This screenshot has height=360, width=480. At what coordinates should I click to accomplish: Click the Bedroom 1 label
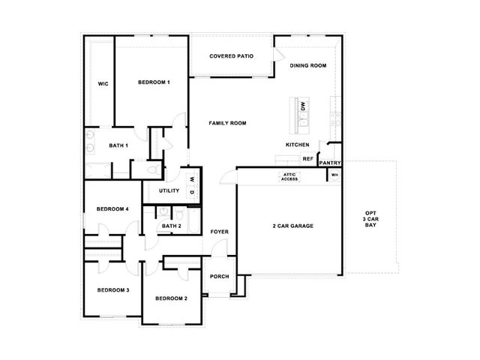[x=154, y=82]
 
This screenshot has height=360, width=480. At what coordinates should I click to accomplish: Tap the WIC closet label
[x=103, y=84]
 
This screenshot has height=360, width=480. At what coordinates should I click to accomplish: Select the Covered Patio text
[x=232, y=56]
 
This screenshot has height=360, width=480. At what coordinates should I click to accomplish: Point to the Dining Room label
[x=308, y=65]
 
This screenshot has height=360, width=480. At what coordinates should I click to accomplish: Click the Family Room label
[x=227, y=123]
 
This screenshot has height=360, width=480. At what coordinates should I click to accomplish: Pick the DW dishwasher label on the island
[x=303, y=106]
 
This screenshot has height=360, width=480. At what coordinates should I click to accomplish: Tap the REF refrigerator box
[x=308, y=159]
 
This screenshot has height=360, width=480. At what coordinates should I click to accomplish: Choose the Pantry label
[x=330, y=163]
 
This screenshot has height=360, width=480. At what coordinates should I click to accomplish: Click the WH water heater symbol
[x=334, y=175]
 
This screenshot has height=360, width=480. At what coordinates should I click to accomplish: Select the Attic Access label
[x=289, y=177]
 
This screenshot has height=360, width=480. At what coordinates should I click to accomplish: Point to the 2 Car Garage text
[x=293, y=226]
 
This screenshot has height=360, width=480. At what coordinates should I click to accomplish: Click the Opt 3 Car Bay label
[x=370, y=219]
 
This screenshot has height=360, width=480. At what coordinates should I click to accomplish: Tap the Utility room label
[x=169, y=190]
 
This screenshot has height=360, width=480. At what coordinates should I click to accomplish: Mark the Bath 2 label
[x=172, y=226]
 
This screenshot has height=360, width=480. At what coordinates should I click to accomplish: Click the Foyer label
[x=220, y=232]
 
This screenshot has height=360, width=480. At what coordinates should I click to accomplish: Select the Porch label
[x=220, y=277]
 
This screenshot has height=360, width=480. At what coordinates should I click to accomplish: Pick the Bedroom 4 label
[x=112, y=209]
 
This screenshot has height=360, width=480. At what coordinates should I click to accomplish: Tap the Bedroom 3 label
[x=113, y=290]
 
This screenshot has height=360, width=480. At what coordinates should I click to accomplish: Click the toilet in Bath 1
[x=154, y=169]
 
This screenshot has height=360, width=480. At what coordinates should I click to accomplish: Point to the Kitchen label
[x=298, y=145]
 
